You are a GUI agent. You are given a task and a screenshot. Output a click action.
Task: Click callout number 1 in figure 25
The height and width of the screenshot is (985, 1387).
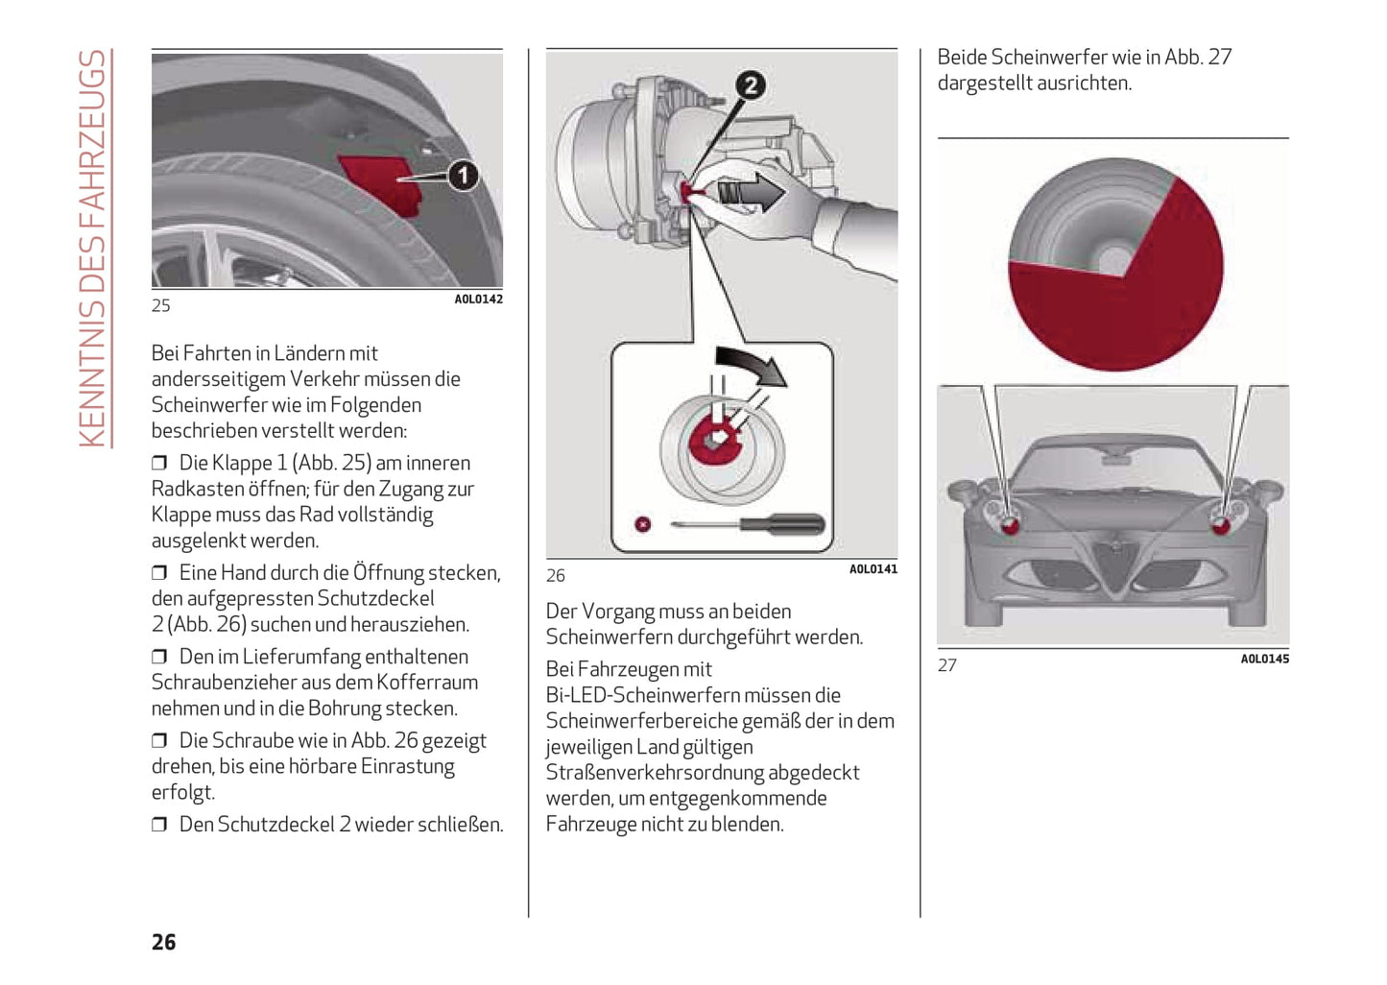464,176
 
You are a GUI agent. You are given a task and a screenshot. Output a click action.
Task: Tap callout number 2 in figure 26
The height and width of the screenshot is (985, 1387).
751,85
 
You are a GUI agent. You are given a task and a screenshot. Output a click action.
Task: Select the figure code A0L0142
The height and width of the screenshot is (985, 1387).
478,300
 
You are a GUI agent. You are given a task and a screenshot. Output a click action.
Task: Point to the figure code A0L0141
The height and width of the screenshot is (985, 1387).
873,569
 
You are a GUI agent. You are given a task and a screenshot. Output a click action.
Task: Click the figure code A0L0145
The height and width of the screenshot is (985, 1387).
1264,659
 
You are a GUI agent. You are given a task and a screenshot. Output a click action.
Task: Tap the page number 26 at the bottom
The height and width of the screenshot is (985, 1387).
164,942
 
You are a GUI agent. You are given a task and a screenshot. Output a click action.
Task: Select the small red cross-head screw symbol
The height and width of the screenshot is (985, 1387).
643,524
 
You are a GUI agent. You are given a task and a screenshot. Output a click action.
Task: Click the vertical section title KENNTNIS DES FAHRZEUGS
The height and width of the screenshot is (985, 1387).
92,249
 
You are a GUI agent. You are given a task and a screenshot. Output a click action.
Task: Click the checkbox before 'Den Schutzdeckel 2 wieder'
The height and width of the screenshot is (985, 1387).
159,825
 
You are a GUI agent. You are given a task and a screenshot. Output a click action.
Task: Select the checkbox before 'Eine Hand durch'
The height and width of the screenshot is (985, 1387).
159,573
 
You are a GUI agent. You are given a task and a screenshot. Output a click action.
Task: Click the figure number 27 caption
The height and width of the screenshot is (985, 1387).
947,665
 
